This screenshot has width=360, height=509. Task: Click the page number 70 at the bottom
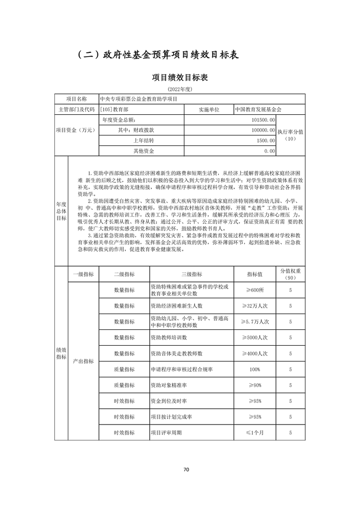[180, 469]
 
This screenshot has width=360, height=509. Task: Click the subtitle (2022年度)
[180, 89]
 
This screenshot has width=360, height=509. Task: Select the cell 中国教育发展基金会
[258, 109]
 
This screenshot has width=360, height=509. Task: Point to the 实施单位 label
[209, 109]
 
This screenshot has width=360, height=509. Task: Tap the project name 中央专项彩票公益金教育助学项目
[138, 99]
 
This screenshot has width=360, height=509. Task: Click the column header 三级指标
[192, 274]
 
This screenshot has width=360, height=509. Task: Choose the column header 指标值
[254, 274]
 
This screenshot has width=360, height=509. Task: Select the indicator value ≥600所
[254, 290]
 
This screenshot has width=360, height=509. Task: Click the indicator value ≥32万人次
[254, 305]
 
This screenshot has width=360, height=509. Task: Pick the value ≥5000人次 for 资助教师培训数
[254, 338]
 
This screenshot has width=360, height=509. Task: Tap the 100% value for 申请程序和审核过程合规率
[254, 369]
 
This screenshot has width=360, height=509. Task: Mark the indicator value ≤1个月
[254, 433]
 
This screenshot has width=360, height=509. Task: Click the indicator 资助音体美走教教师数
[176, 353]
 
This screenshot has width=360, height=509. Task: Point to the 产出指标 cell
[83, 361]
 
